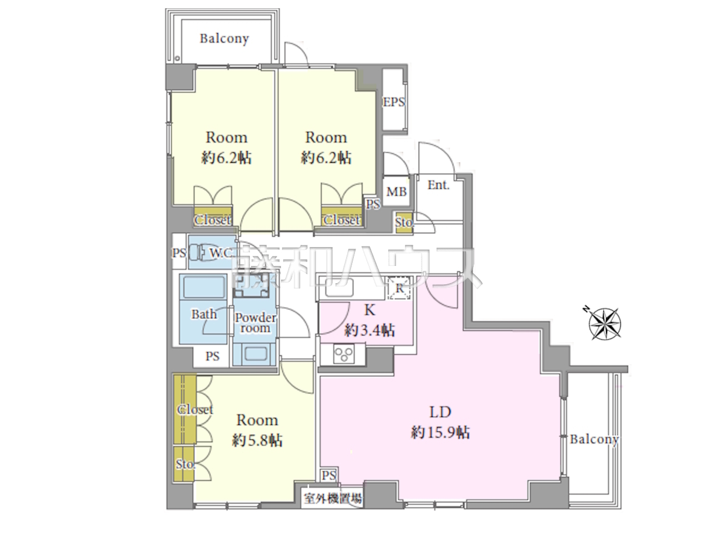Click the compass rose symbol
pos(604,324)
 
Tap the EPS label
pos(394,102)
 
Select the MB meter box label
pos(396,192)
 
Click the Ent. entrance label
pos(438,185)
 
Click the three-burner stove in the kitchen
pos(344,354)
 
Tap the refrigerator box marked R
pos(400,288)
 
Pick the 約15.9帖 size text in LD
pos(440,433)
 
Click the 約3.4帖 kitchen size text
pos(369,330)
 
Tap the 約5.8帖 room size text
pos(257,440)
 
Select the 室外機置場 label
pos(332,499)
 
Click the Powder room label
pos(256,323)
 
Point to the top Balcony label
pos(224,38)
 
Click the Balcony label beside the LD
pos(594,440)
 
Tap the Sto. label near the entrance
pos(404,223)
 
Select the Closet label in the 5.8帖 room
pos(195,410)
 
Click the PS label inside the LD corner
pos(329,475)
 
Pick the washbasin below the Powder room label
pos(256,354)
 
